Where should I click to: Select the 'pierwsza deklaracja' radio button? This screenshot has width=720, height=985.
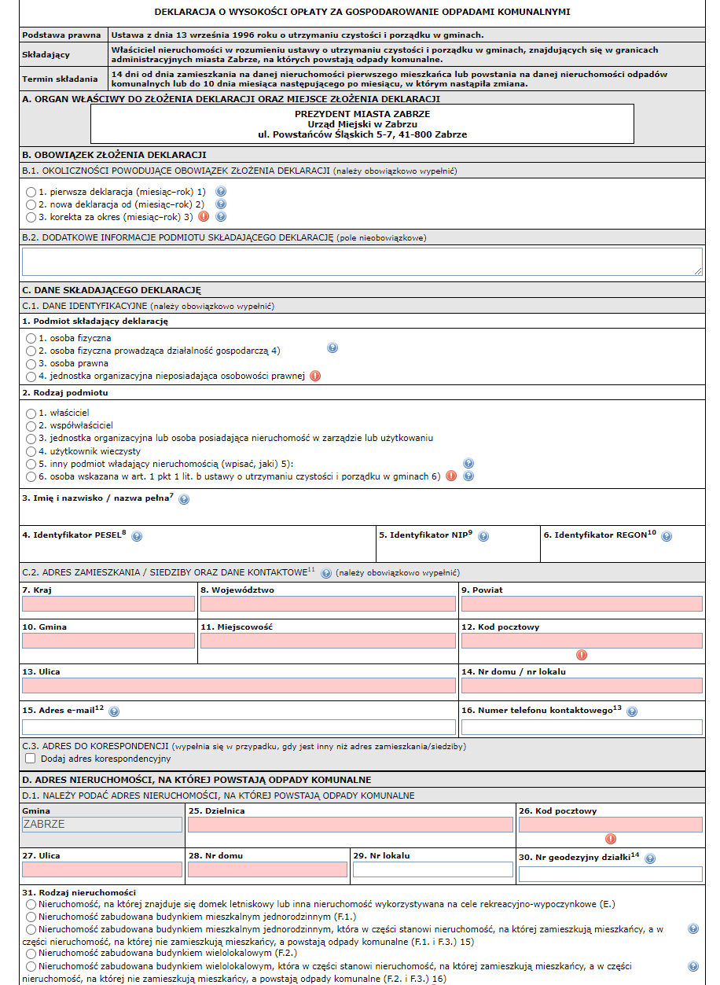(x=31, y=192)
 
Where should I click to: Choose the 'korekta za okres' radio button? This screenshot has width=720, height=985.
(x=31, y=217)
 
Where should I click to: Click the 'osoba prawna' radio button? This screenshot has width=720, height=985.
(x=31, y=363)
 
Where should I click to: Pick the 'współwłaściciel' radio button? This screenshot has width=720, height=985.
(x=31, y=425)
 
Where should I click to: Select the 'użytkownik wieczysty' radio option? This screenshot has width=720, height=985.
(x=31, y=451)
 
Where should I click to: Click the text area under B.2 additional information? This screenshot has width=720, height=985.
(x=362, y=262)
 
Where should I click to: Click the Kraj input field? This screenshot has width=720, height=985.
(x=108, y=604)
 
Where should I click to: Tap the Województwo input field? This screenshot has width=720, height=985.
(x=328, y=604)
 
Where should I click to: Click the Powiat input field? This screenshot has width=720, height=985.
(x=582, y=604)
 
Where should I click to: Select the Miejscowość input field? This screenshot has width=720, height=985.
(x=328, y=641)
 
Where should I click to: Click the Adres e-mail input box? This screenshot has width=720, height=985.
(x=239, y=727)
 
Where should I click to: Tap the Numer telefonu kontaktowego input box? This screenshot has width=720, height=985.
(x=582, y=727)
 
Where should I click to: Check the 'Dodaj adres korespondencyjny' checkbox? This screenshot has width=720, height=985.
(x=31, y=759)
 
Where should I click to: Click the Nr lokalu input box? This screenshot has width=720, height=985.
(x=432, y=869)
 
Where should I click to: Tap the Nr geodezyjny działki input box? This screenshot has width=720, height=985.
(x=611, y=874)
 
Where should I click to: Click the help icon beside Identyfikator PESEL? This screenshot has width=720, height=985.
(x=137, y=536)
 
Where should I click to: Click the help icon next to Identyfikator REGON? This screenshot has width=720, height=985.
(x=667, y=536)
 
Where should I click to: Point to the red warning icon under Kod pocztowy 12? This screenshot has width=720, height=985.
(x=582, y=654)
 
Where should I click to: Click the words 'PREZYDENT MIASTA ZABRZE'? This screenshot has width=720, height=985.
(x=362, y=114)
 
